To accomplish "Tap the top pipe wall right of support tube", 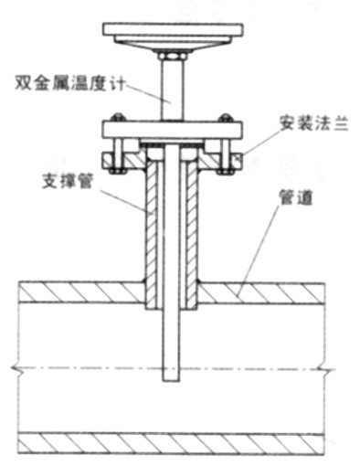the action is coord(265,293).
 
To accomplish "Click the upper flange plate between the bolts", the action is coord(172,129).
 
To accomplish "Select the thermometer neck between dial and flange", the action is coord(172,91).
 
